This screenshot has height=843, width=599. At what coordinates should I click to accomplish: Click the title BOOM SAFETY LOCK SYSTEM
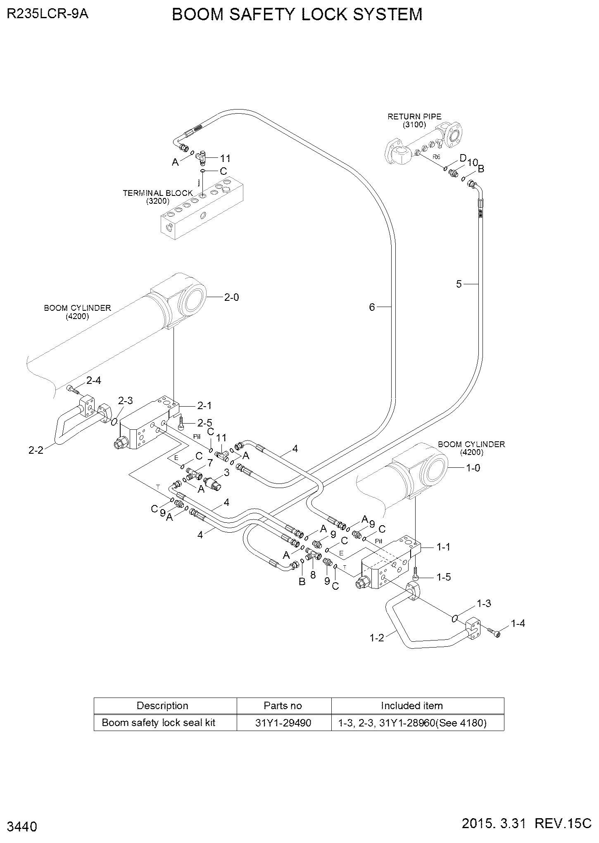[297, 14]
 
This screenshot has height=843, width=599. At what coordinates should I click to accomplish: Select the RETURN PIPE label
[414, 117]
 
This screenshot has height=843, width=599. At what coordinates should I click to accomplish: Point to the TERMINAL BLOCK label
[158, 193]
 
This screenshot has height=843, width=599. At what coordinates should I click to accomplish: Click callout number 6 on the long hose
[372, 307]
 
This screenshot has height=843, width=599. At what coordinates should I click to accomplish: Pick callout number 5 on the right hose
[459, 284]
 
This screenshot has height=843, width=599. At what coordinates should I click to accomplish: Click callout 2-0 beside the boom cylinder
[231, 297]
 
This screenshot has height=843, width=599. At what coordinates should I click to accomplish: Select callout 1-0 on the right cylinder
[473, 468]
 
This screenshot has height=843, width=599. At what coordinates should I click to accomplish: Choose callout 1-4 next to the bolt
[518, 624]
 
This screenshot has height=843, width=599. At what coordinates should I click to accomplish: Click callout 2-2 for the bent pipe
[36, 450]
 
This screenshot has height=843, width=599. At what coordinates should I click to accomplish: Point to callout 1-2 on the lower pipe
[377, 638]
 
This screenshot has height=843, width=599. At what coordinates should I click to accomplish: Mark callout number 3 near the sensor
[227, 472]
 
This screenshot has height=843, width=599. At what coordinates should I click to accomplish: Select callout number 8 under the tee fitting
[313, 574]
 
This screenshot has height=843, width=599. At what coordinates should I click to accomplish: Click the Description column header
[162, 706]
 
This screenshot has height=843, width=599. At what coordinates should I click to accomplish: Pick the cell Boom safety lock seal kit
[159, 723]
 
